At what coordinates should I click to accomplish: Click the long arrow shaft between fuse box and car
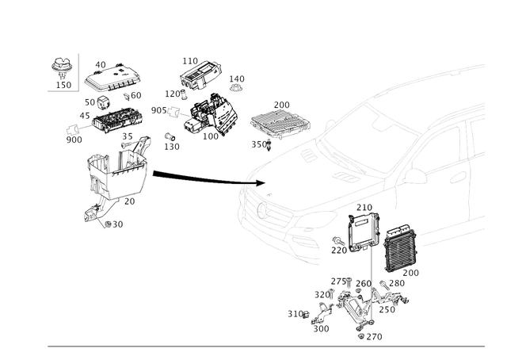coord(198,177)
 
